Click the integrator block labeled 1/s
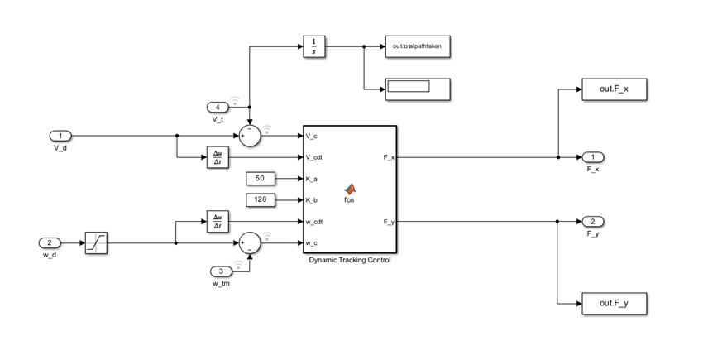tap(313, 47)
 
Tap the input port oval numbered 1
tap(60, 136)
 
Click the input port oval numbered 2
tap(50, 242)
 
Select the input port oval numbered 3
tap(221, 271)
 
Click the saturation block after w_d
tap(96, 242)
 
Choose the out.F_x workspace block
tap(614, 89)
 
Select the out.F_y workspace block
tap(614, 304)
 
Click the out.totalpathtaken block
tap(417, 46)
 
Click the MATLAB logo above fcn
tap(350, 189)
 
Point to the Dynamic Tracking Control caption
tap(349, 260)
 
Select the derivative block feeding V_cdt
tap(218, 157)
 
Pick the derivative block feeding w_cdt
tap(218, 221)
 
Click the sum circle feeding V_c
tap(249, 136)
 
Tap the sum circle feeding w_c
tap(249, 242)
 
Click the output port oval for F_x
tap(592, 157)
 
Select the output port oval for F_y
tap(592, 222)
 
